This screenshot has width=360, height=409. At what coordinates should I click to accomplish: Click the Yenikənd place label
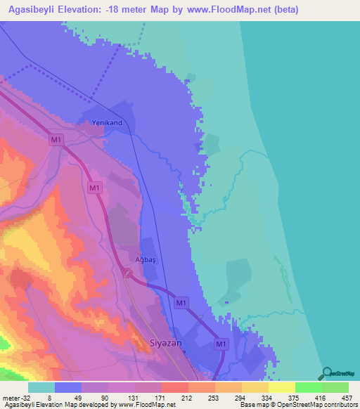point(107,123)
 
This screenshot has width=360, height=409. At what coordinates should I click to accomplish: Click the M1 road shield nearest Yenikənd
point(57,141)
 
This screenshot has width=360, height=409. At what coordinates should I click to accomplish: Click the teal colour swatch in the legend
point(41,387)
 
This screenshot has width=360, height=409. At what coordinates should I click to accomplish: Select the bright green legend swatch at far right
point(335,387)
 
